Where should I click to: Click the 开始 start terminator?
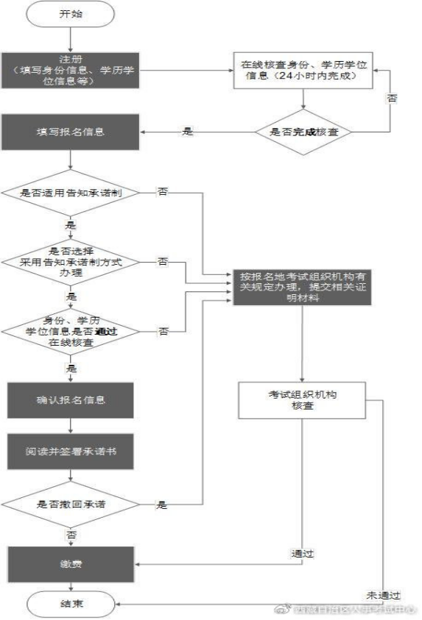pyautogui.click(x=70, y=14)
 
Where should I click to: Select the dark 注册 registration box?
pyautogui.click(x=70, y=71)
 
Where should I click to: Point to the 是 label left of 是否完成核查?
pyautogui.click(x=187, y=132)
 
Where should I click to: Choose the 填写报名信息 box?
pyautogui.click(x=70, y=132)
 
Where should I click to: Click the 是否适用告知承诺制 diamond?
pyautogui.click(x=70, y=193)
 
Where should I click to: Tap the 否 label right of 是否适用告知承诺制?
pyautogui.click(x=162, y=193)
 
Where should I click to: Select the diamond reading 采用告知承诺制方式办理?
pyautogui.click(x=70, y=261)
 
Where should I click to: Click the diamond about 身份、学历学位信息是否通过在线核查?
pyautogui.click(x=70, y=331)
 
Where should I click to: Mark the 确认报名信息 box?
pyautogui.click(x=70, y=400)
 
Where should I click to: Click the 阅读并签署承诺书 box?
pyautogui.click(x=70, y=451)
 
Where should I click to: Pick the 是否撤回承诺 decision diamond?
pyautogui.click(x=70, y=505)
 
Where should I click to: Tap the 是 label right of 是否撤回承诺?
pyautogui.click(x=162, y=505)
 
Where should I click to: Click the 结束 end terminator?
pyautogui.click(x=70, y=605)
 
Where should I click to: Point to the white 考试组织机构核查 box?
pyautogui.click(x=302, y=400)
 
